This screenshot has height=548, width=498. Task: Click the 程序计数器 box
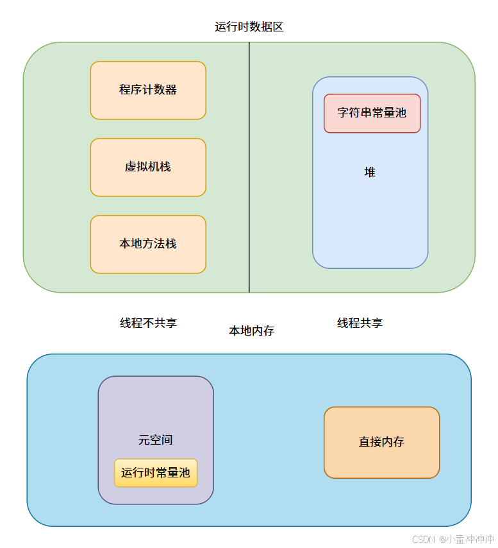(148, 90)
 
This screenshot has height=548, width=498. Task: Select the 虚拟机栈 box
(148, 167)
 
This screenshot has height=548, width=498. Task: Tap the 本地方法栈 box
(148, 244)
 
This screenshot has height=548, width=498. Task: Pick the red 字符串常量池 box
(372, 113)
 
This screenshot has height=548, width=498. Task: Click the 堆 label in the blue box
(370, 172)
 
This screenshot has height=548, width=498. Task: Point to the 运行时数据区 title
(249, 27)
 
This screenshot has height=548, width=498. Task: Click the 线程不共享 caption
(148, 323)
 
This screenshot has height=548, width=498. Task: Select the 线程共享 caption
(360, 323)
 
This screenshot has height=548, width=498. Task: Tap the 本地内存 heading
(252, 331)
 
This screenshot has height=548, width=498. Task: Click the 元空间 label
(156, 440)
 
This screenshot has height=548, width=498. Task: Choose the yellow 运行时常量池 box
(156, 473)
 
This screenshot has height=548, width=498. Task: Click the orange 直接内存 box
(381, 442)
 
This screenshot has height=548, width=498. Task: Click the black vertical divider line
(249, 193)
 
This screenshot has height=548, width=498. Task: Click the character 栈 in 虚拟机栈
(165, 167)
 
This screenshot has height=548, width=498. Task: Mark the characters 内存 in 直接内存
(393, 442)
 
